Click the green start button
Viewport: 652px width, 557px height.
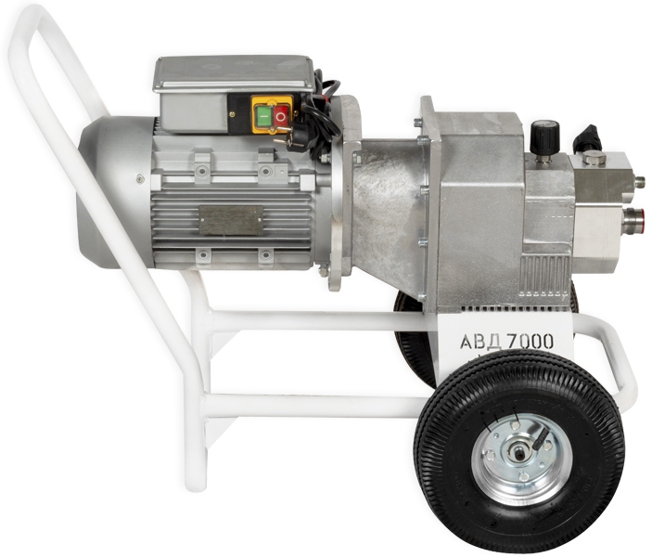point(262,116)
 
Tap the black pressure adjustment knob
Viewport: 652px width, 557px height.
point(544,136)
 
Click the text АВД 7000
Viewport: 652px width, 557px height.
point(507,342)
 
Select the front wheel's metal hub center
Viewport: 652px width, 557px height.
point(519,452)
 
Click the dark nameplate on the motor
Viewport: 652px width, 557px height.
point(231,219)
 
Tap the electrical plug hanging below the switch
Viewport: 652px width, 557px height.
point(290,142)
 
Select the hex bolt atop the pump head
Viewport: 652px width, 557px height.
point(594,159)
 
